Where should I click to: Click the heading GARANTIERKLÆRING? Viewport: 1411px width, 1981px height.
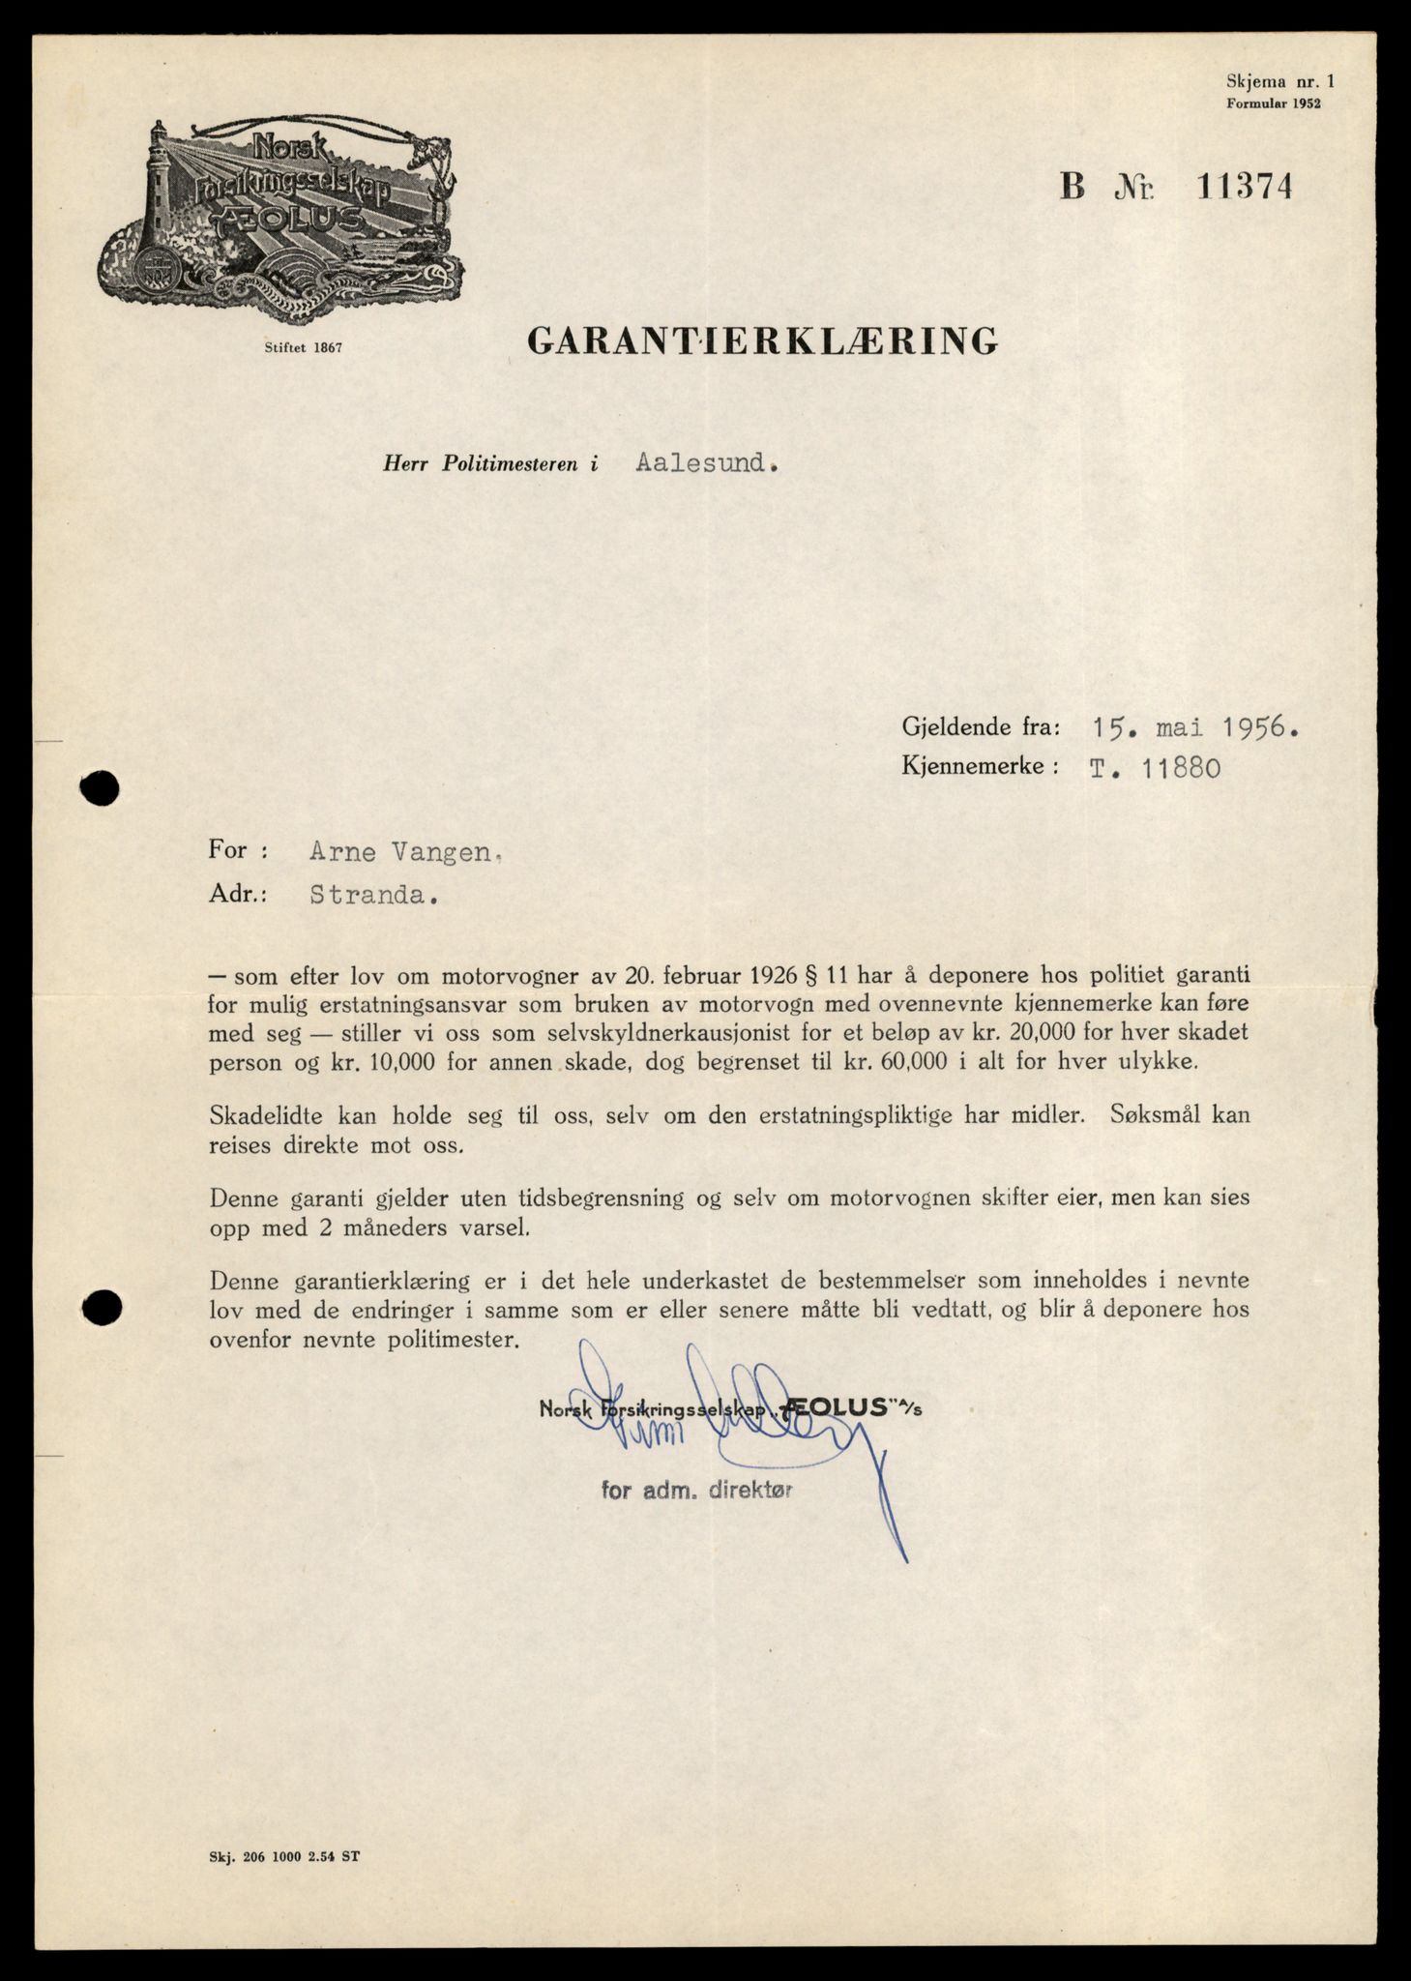762,340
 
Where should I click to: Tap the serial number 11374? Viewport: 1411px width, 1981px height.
1244,186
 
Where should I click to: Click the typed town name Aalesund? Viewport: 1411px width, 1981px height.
706,463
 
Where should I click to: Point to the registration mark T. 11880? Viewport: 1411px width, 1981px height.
1154,769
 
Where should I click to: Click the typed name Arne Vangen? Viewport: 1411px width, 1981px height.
403,852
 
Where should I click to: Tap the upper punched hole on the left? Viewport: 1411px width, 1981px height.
101,789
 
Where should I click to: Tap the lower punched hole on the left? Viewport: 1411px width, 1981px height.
101,1308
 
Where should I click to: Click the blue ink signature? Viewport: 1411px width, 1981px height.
735,1422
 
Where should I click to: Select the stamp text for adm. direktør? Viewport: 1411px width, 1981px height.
696,1491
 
